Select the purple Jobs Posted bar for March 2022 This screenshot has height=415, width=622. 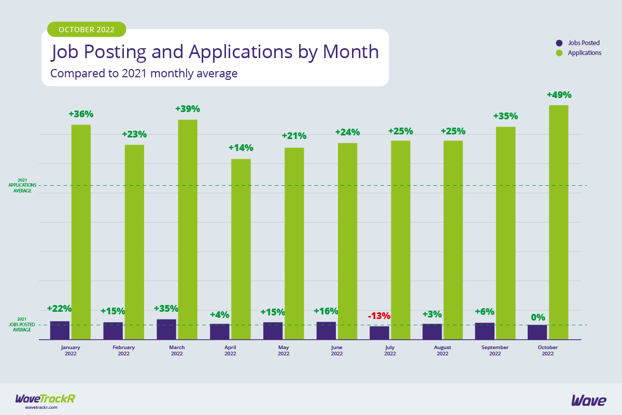(x=166, y=329)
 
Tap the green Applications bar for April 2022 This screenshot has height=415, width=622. (x=241, y=249)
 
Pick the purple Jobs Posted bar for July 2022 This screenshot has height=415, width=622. (x=379, y=333)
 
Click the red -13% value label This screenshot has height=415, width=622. (x=379, y=316)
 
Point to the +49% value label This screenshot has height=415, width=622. (x=559, y=95)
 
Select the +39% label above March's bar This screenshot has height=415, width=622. (x=187, y=109)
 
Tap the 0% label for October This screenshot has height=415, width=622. (x=538, y=317)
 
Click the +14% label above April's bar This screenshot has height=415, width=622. (x=241, y=148)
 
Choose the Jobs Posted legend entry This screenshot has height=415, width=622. (x=577, y=43)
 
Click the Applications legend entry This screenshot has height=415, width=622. (x=578, y=53)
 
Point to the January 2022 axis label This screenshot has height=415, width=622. (x=70, y=350)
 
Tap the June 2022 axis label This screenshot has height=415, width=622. (x=336, y=350)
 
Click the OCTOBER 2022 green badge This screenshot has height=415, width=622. (x=87, y=30)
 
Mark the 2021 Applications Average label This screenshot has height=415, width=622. (x=23, y=186)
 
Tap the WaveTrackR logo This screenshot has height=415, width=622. (x=45, y=400)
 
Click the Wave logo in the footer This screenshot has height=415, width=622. (x=588, y=400)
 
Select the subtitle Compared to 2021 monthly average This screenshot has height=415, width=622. (x=144, y=74)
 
